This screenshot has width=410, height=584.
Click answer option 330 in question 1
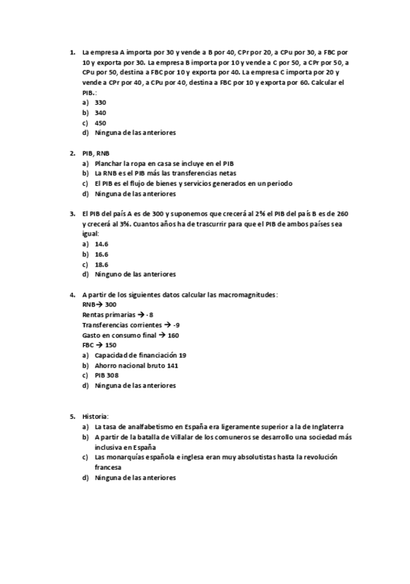[x=100, y=102]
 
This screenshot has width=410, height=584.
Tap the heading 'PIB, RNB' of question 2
[x=96, y=153]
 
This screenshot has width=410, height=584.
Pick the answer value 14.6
[x=102, y=244]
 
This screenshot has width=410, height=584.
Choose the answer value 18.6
[x=102, y=264]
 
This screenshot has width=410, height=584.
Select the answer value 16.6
[x=102, y=254]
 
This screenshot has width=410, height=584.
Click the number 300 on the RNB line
[x=111, y=304]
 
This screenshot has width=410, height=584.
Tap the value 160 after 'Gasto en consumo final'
[x=173, y=335]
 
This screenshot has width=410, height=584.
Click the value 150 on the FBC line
[x=111, y=345]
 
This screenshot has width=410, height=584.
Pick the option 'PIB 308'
[x=107, y=375]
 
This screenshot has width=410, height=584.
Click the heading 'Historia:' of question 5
[x=96, y=417]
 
